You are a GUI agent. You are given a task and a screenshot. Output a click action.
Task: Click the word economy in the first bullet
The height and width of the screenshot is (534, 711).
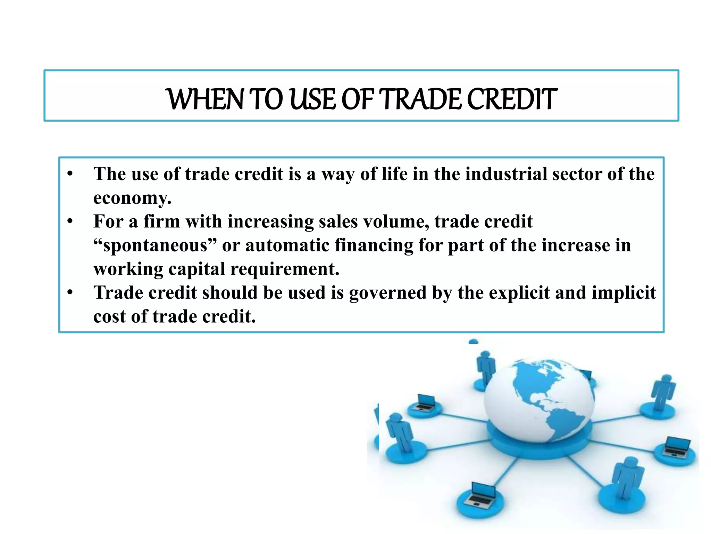[x=132, y=198]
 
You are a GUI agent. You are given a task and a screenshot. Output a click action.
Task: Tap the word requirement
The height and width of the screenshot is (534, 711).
[x=284, y=269]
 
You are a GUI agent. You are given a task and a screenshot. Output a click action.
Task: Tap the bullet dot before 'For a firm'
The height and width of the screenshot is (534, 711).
[x=70, y=221]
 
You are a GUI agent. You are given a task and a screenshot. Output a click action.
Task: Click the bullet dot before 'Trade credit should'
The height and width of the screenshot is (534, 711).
[x=70, y=292]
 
